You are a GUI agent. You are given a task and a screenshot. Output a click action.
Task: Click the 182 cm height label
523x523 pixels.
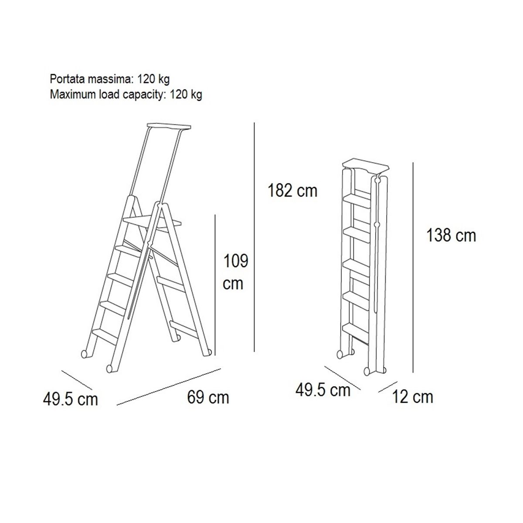[292, 190]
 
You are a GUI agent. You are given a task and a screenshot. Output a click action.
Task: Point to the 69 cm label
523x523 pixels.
[208, 397]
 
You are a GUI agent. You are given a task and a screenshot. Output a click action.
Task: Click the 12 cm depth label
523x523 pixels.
[413, 397]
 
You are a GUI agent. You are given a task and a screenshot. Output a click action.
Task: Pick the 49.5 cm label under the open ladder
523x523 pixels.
[70, 399]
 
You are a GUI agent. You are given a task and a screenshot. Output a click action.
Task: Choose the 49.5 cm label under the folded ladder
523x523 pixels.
[323, 390]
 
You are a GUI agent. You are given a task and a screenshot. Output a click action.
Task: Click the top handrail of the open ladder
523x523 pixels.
[169, 127]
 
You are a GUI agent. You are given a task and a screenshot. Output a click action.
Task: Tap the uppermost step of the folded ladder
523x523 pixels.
[357, 201]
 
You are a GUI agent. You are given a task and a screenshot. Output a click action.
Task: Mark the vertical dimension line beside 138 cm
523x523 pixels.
[413, 267]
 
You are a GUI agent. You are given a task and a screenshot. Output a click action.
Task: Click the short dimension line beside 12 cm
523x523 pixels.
[388, 387]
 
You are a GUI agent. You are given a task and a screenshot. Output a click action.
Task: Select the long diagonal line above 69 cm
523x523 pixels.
[169, 387]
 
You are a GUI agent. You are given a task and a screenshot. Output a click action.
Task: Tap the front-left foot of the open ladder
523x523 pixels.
[110, 368]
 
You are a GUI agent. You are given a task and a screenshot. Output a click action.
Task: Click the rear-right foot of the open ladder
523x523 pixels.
[208, 352]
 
